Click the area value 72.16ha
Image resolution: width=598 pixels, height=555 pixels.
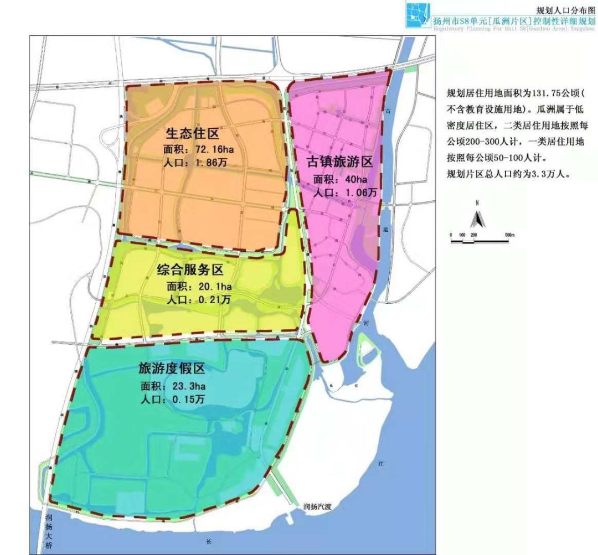pos(208,149)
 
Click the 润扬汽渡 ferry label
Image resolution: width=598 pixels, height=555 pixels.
pos(319,506)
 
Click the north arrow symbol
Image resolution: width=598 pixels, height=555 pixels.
pos(476,220)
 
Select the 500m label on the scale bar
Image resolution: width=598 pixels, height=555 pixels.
pos(509,235)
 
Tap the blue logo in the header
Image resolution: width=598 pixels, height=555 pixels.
pos(419,15)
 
